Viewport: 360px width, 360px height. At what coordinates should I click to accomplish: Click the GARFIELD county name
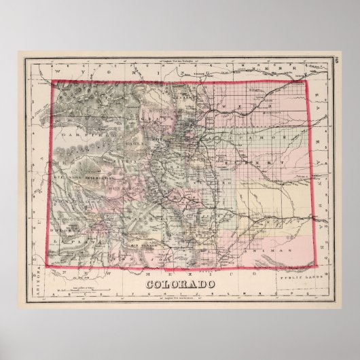[82, 134]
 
